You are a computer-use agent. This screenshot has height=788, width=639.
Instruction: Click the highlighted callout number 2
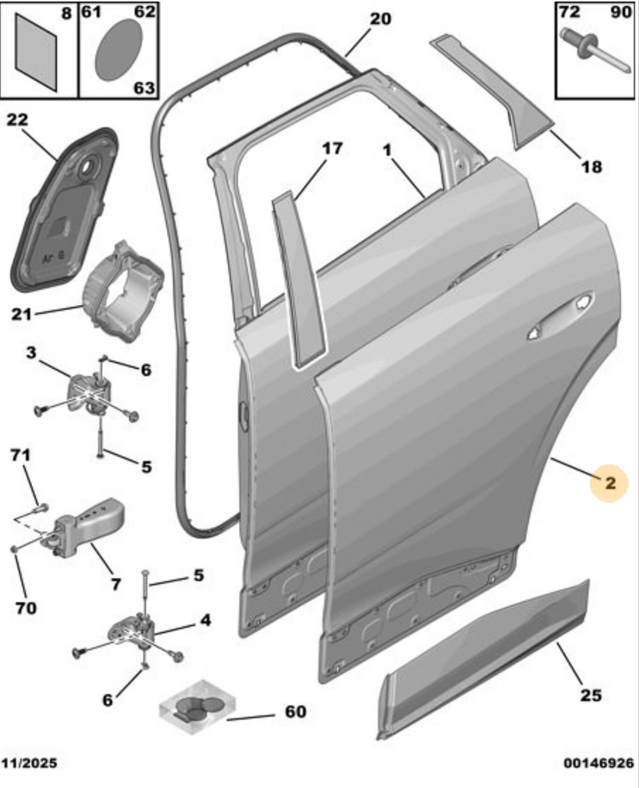[x=610, y=483]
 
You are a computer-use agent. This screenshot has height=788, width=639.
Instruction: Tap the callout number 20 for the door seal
[x=380, y=19]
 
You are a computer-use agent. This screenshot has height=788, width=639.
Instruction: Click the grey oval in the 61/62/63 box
[x=117, y=50]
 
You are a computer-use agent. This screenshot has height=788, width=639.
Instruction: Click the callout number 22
[x=17, y=120]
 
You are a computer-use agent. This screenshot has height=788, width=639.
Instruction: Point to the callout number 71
[x=20, y=455]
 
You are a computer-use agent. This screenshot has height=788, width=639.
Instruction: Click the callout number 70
[x=26, y=608]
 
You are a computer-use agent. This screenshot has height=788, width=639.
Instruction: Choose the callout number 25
[x=591, y=695]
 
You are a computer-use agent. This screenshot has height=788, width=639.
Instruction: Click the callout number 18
[x=592, y=166]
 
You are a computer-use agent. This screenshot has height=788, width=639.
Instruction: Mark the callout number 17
[x=332, y=149]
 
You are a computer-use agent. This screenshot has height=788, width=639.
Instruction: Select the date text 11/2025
[x=29, y=764]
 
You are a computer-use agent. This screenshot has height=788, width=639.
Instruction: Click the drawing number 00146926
[x=598, y=764]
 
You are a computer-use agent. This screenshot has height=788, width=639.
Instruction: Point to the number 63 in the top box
[x=144, y=88]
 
